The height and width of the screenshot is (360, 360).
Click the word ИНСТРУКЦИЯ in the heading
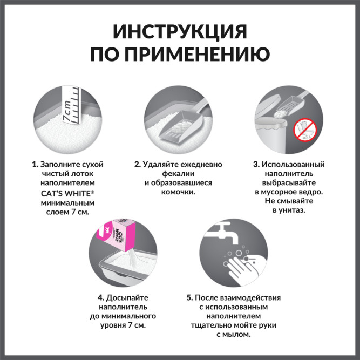(x=180, y=31)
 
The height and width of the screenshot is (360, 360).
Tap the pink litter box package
(x=124, y=237)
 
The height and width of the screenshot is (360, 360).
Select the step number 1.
(x=34, y=164)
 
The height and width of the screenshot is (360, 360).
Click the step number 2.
(x=137, y=164)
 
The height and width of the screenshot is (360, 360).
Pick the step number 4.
(x=100, y=297)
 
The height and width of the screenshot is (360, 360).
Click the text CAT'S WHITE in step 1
(x=65, y=194)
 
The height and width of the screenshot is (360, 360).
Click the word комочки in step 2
(x=178, y=193)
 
